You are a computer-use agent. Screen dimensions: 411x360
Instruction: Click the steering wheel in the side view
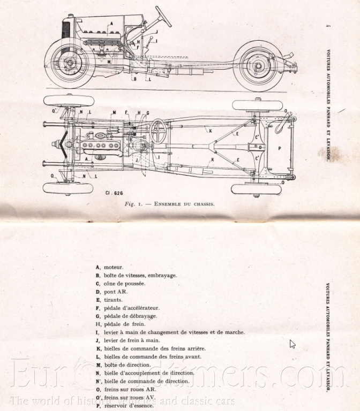(x=162, y=16)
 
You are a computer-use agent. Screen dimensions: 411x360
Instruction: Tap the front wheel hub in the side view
(x=69, y=63)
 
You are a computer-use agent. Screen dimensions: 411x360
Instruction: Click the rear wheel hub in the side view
(x=258, y=67)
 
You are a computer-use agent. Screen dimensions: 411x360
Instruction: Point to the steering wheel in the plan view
(x=157, y=131)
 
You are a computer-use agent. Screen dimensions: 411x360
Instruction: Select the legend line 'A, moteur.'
(x=109, y=267)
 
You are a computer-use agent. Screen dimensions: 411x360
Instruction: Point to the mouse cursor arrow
(x=292, y=344)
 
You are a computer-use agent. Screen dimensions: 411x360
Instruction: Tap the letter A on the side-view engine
(x=110, y=24)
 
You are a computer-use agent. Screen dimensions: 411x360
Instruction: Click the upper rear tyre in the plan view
(x=257, y=105)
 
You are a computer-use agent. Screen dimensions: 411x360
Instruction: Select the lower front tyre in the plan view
(x=68, y=188)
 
